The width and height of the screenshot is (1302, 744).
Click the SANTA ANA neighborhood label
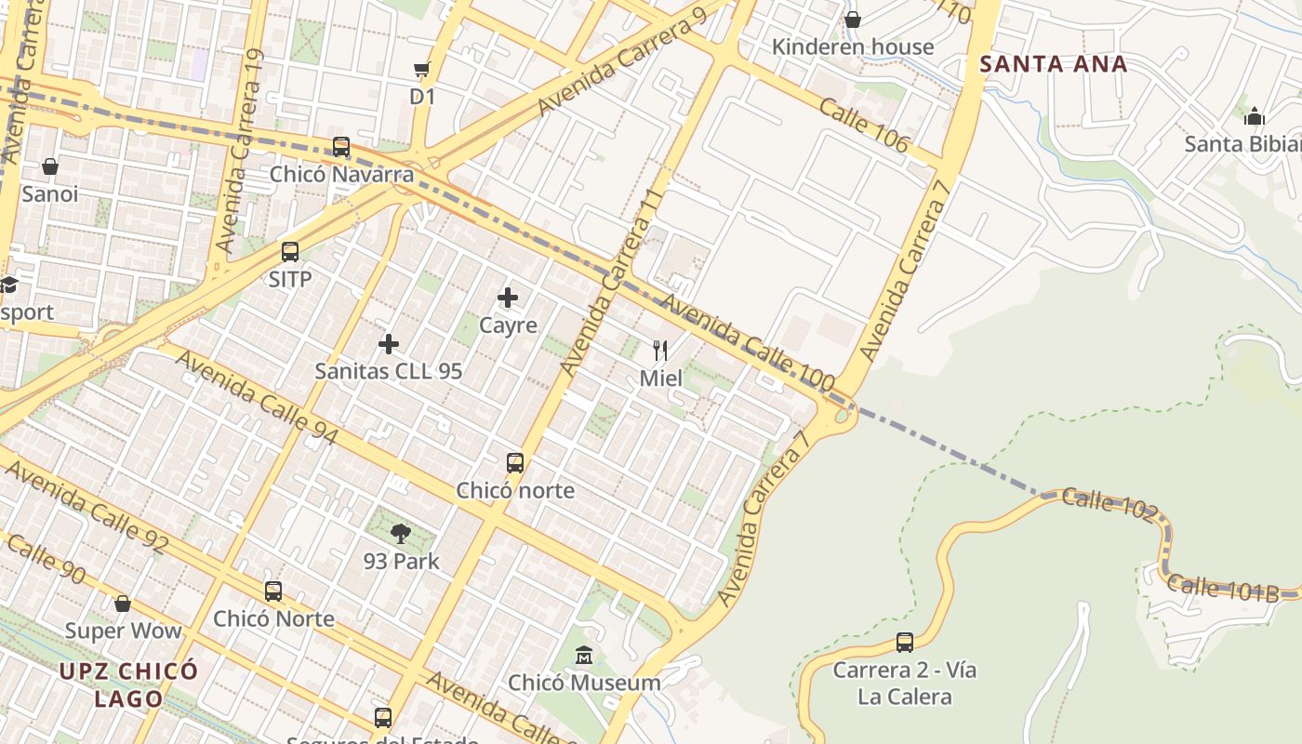1054,64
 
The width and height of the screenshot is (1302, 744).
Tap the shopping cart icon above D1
422,70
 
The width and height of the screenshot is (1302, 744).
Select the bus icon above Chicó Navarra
341,147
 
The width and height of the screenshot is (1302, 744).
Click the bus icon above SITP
290,252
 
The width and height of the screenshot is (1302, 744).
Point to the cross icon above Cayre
508,298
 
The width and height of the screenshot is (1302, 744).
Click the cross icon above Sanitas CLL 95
389,344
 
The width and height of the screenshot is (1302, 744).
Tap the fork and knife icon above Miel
660,351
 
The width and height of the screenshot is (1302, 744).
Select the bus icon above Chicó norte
515,462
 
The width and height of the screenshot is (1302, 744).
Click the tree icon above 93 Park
401,534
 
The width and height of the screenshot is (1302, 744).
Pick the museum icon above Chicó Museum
584,656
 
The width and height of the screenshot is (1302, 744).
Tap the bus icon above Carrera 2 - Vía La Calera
905,642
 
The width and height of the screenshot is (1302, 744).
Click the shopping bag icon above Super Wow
123,604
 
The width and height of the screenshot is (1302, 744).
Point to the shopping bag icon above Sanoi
50,166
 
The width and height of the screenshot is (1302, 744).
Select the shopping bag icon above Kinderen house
853,20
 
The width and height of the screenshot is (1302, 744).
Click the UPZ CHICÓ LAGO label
128,684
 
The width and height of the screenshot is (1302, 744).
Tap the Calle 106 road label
864,125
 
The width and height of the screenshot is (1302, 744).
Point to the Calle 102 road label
1109,503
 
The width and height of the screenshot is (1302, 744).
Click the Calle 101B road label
1222,589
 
